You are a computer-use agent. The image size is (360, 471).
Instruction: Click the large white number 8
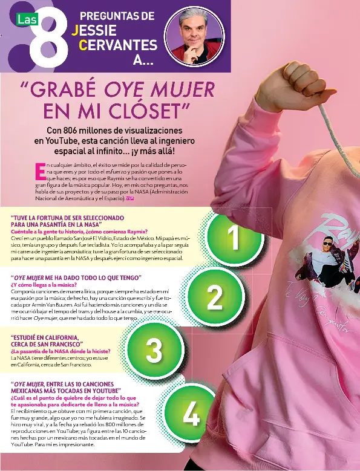(52, 41)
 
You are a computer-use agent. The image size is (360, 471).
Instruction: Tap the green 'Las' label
(27, 19)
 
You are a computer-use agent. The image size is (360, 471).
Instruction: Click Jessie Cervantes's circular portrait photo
(194, 35)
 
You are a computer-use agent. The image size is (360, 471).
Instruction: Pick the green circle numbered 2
(215, 297)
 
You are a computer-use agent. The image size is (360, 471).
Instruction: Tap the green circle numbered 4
(191, 415)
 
